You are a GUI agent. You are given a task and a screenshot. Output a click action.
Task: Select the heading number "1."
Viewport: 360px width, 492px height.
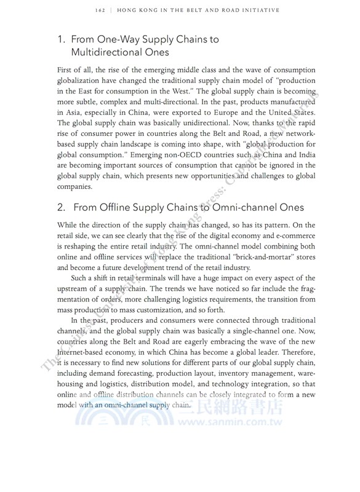pos(62,40)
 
